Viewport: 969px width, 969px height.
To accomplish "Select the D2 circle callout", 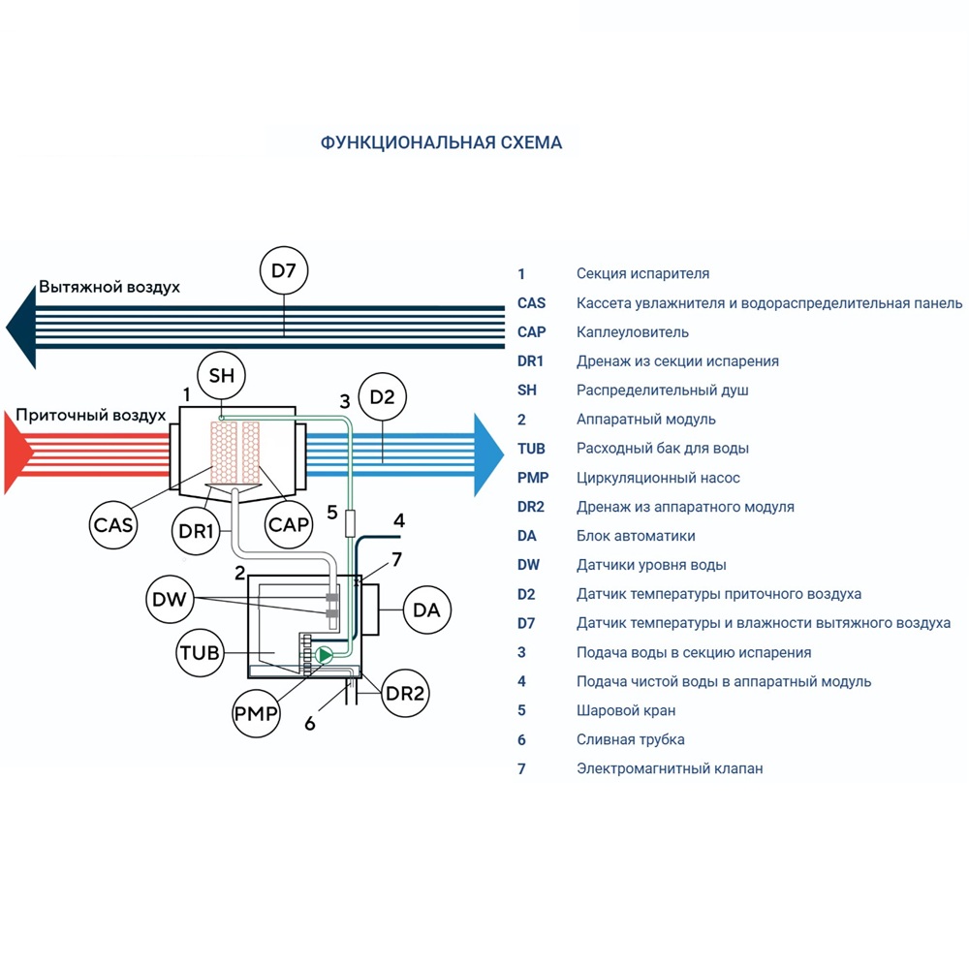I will [383, 396].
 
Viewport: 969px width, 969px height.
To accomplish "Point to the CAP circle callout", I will [289, 524].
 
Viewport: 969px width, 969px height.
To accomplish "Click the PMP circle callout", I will [256, 715].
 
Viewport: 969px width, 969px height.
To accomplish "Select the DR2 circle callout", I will [406, 694].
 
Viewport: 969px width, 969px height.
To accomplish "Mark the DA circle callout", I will [426, 610].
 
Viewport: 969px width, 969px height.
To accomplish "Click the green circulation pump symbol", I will [324, 656].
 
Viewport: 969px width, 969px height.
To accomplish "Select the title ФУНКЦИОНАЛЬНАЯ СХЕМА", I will [441, 143].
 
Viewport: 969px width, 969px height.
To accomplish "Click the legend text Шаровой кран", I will [626, 710].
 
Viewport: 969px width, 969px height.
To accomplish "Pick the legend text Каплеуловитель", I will [633, 332].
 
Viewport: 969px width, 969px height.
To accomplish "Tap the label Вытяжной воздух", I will [109, 288].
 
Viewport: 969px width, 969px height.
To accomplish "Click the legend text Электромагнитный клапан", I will [670, 768].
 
